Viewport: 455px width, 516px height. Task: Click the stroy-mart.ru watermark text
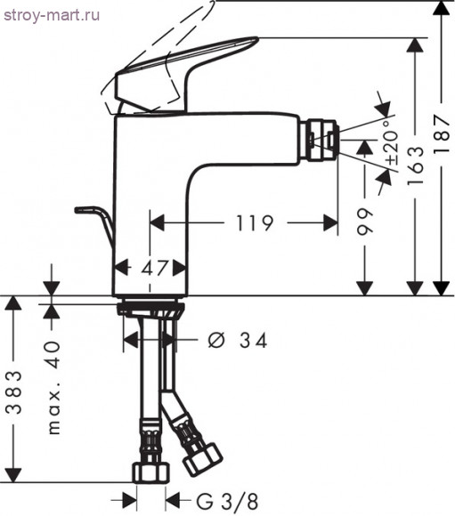(x=52, y=15)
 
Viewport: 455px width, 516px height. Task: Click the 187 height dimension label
(x=442, y=133)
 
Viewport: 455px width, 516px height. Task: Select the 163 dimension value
(x=415, y=165)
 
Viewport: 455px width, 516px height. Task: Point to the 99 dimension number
(x=365, y=222)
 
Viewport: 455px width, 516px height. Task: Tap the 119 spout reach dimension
(x=255, y=223)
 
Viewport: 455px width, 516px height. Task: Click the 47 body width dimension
(x=155, y=268)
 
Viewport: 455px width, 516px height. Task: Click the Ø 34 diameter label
(x=237, y=340)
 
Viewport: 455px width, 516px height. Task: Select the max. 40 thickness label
(x=53, y=388)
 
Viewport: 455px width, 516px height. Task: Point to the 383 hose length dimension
(x=14, y=392)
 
